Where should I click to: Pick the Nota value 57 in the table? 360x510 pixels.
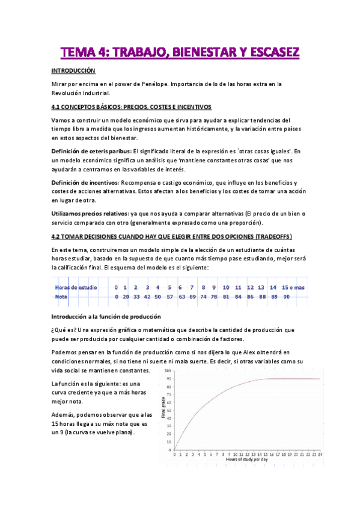point(170,296)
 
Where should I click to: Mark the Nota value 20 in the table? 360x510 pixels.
point(126,296)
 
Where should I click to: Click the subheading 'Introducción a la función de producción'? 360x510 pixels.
point(106,315)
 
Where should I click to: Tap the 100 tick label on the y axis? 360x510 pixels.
point(169,370)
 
